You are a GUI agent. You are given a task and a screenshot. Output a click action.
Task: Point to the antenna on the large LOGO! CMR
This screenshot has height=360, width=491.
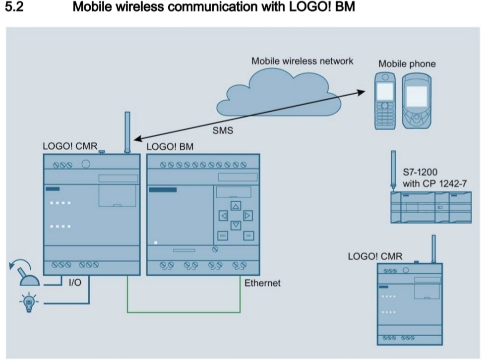127,131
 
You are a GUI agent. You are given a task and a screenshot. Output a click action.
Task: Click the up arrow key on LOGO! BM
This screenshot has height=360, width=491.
236,205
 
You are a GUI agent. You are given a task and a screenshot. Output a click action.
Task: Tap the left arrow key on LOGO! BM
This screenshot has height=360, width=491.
224,216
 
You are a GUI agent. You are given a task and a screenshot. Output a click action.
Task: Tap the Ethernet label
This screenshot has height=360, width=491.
262,284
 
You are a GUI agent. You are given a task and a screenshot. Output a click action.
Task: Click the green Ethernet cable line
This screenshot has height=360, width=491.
184,312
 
